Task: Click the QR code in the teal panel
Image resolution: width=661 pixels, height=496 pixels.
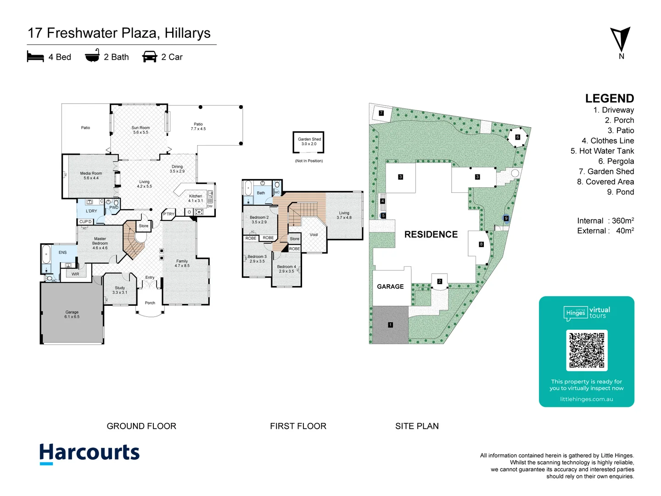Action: coord(587,350)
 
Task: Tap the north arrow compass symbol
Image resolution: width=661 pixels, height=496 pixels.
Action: coord(620,40)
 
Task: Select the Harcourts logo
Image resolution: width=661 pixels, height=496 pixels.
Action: coord(90,453)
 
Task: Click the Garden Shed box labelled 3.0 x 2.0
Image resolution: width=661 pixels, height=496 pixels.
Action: coord(308,142)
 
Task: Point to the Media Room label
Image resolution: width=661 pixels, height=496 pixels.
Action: coord(91,175)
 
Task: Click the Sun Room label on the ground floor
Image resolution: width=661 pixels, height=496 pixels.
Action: coord(140,130)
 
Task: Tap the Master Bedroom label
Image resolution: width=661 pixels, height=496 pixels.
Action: coord(100,243)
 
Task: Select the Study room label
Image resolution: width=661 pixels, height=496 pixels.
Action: coord(120,290)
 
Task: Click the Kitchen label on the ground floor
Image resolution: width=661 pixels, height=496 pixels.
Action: coord(196,198)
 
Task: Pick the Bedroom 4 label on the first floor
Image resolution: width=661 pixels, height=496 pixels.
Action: coord(286,269)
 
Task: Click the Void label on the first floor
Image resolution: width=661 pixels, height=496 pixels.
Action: coord(314,235)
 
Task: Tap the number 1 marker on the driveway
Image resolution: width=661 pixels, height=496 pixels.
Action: coord(390,325)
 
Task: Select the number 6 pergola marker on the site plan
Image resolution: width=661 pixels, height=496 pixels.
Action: coord(517,137)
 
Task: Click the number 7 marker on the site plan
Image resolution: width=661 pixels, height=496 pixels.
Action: coord(381,113)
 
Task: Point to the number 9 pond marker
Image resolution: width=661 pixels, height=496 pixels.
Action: coord(506,218)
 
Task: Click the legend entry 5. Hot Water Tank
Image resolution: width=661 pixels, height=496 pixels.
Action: coord(602,151)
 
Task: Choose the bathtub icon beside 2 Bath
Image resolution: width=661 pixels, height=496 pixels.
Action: coord(92,56)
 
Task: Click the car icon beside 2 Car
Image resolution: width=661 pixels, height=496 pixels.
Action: coord(150,56)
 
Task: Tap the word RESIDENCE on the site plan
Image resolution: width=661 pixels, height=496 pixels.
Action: coord(431,235)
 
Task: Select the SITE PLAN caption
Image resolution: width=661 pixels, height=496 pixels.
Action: coord(417,426)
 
